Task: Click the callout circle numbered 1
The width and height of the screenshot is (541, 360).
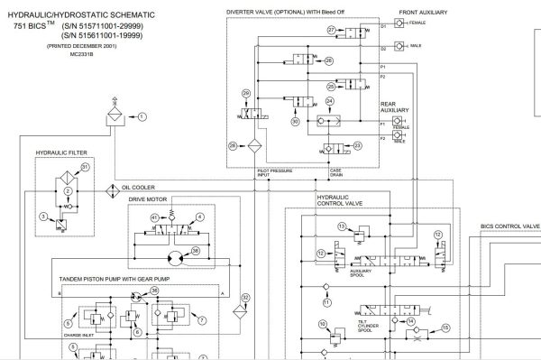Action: pyautogui.click(x=141, y=116)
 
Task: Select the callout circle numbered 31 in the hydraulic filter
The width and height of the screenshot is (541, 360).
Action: pyautogui.click(x=86, y=167)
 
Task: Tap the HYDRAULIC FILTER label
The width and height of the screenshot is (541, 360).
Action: pyautogui.click(x=60, y=154)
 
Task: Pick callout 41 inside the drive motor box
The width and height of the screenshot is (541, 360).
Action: pyautogui.click(x=155, y=218)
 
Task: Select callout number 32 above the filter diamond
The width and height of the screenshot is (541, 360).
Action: pyautogui.click(x=245, y=296)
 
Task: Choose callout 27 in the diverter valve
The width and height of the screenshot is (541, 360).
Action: pyautogui.click(x=333, y=31)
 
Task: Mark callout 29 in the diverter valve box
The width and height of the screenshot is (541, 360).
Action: pyautogui.click(x=247, y=94)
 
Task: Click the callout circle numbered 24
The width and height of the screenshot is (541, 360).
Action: pyautogui.click(x=330, y=100)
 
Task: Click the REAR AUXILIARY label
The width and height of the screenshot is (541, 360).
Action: pyautogui.click(x=395, y=106)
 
